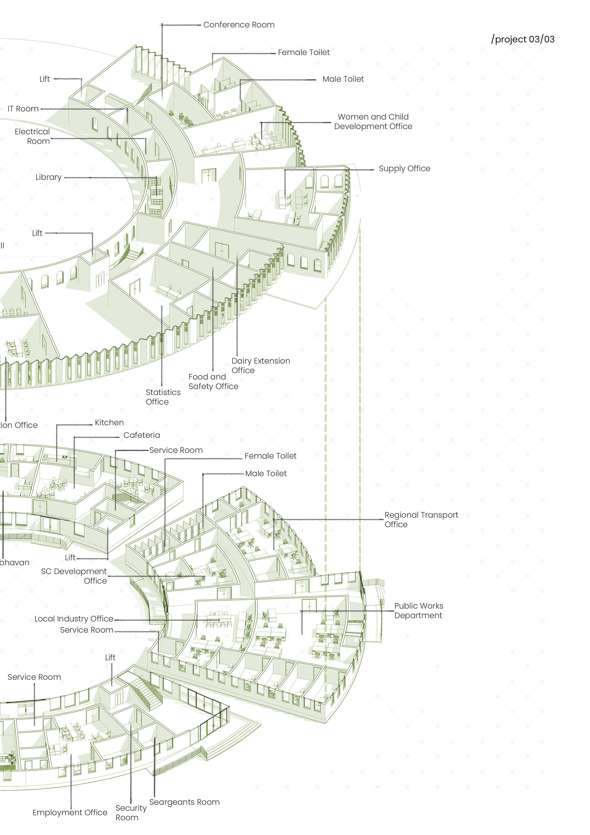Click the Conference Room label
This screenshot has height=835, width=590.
point(239,25)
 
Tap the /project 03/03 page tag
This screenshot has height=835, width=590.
point(522,39)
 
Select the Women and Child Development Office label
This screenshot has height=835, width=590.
point(373,121)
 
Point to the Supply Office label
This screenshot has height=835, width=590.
point(404,168)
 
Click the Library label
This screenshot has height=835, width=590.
point(48,177)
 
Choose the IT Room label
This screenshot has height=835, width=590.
point(23,109)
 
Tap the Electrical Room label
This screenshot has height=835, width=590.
point(32,136)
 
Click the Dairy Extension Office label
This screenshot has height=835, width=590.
point(261,365)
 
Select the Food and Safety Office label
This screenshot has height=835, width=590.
point(213,381)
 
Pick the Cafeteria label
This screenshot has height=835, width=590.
point(141,435)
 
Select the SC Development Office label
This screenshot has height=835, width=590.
point(74,576)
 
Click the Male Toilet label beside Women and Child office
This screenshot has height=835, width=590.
point(343,79)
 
